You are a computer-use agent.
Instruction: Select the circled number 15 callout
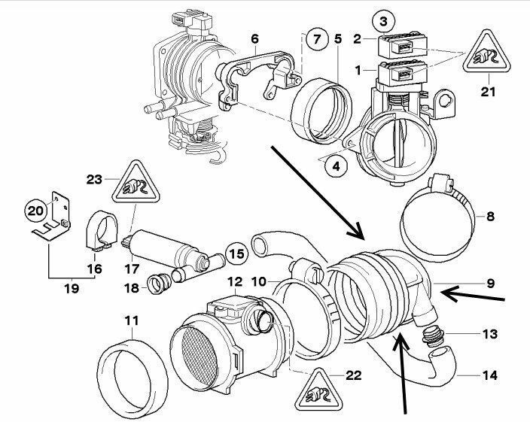237,254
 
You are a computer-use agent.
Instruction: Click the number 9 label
490,283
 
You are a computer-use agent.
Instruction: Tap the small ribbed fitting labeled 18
157,284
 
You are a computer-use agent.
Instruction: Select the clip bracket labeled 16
96,231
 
